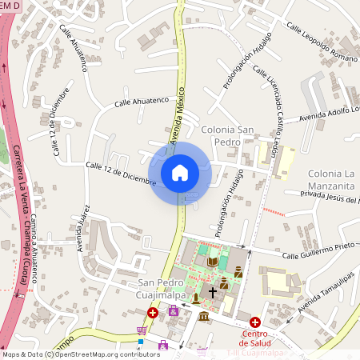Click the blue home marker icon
180,172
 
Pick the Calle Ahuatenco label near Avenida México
142,102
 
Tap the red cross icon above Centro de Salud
255,322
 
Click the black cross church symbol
213,293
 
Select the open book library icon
213,262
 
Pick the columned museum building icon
203,318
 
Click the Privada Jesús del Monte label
329,197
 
